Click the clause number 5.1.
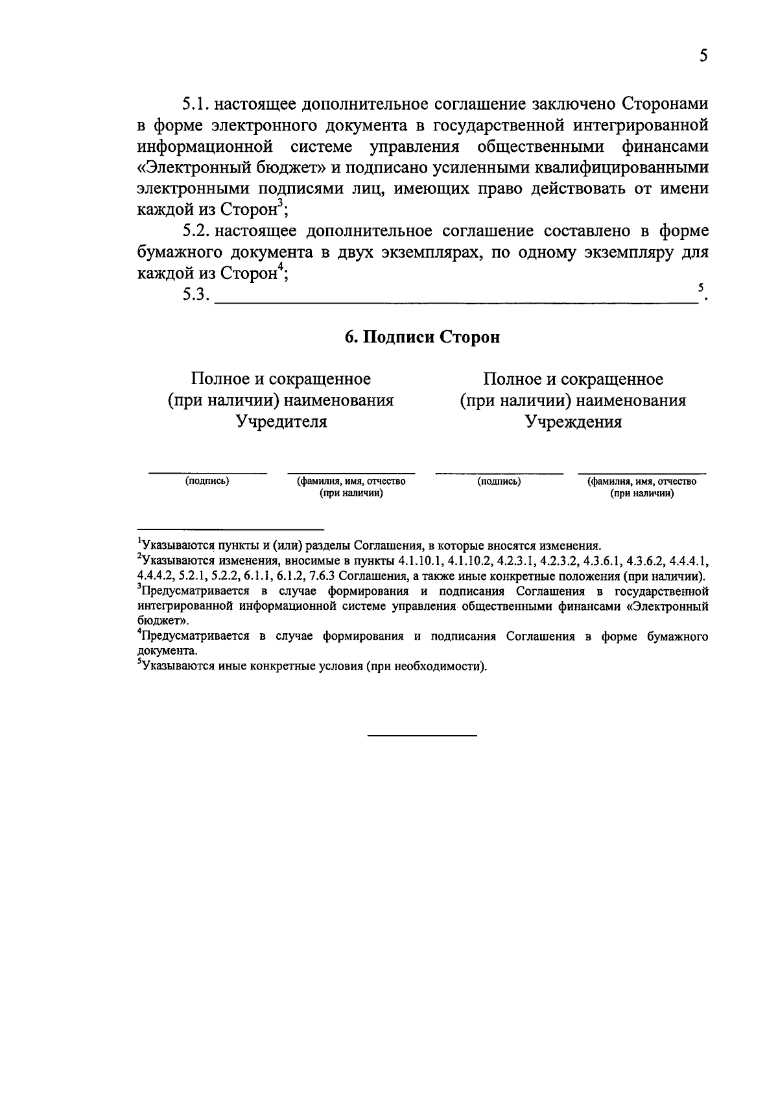click(195, 103)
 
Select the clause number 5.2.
click(195, 231)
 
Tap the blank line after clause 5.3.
click(454, 300)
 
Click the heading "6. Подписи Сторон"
click(422, 337)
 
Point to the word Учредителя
click(281, 422)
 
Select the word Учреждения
click(573, 422)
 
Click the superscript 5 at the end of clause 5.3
click(700, 287)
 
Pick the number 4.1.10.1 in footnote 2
click(418, 561)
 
